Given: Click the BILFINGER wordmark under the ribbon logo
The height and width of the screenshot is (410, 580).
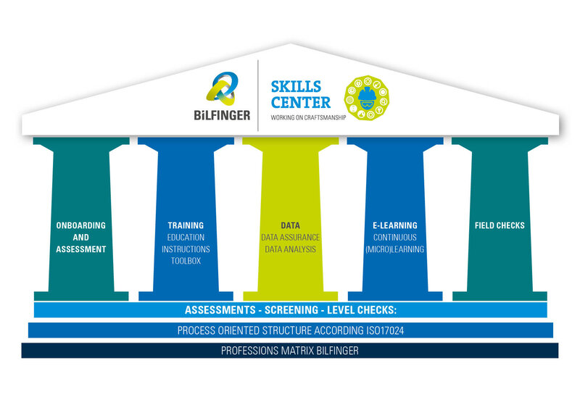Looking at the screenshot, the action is pos(222,115).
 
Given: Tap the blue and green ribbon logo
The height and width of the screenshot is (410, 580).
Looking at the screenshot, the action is pos(222,88).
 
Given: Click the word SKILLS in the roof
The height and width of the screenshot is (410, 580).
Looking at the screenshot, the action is pos(296,86).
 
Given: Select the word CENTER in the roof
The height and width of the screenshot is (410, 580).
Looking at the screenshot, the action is pos(301,102).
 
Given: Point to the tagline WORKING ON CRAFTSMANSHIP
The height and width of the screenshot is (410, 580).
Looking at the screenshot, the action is pos(308,117).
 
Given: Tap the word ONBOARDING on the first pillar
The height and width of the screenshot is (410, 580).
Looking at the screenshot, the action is pos(81,225).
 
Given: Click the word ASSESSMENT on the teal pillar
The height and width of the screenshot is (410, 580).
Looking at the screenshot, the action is pos(81,249).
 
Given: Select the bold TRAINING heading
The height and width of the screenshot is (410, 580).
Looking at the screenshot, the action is pos(186,225).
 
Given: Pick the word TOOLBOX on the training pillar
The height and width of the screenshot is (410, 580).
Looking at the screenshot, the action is pos(186,261).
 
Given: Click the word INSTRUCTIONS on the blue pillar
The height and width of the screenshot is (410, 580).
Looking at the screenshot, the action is pos(186,249).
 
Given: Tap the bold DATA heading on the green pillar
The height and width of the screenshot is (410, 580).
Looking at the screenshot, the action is pos(291,225).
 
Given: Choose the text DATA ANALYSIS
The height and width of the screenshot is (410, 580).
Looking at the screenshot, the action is pos(291,249).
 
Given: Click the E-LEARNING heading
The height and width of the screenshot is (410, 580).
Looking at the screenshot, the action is pos(395,225).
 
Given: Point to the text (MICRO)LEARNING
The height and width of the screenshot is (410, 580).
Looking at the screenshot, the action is pos(395,249).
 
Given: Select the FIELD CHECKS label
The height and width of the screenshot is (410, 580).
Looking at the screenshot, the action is pos(500,225).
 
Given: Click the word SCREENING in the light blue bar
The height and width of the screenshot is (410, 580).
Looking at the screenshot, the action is pos(291,310).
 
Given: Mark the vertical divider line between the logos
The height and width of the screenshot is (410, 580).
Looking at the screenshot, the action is pos(258,96).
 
